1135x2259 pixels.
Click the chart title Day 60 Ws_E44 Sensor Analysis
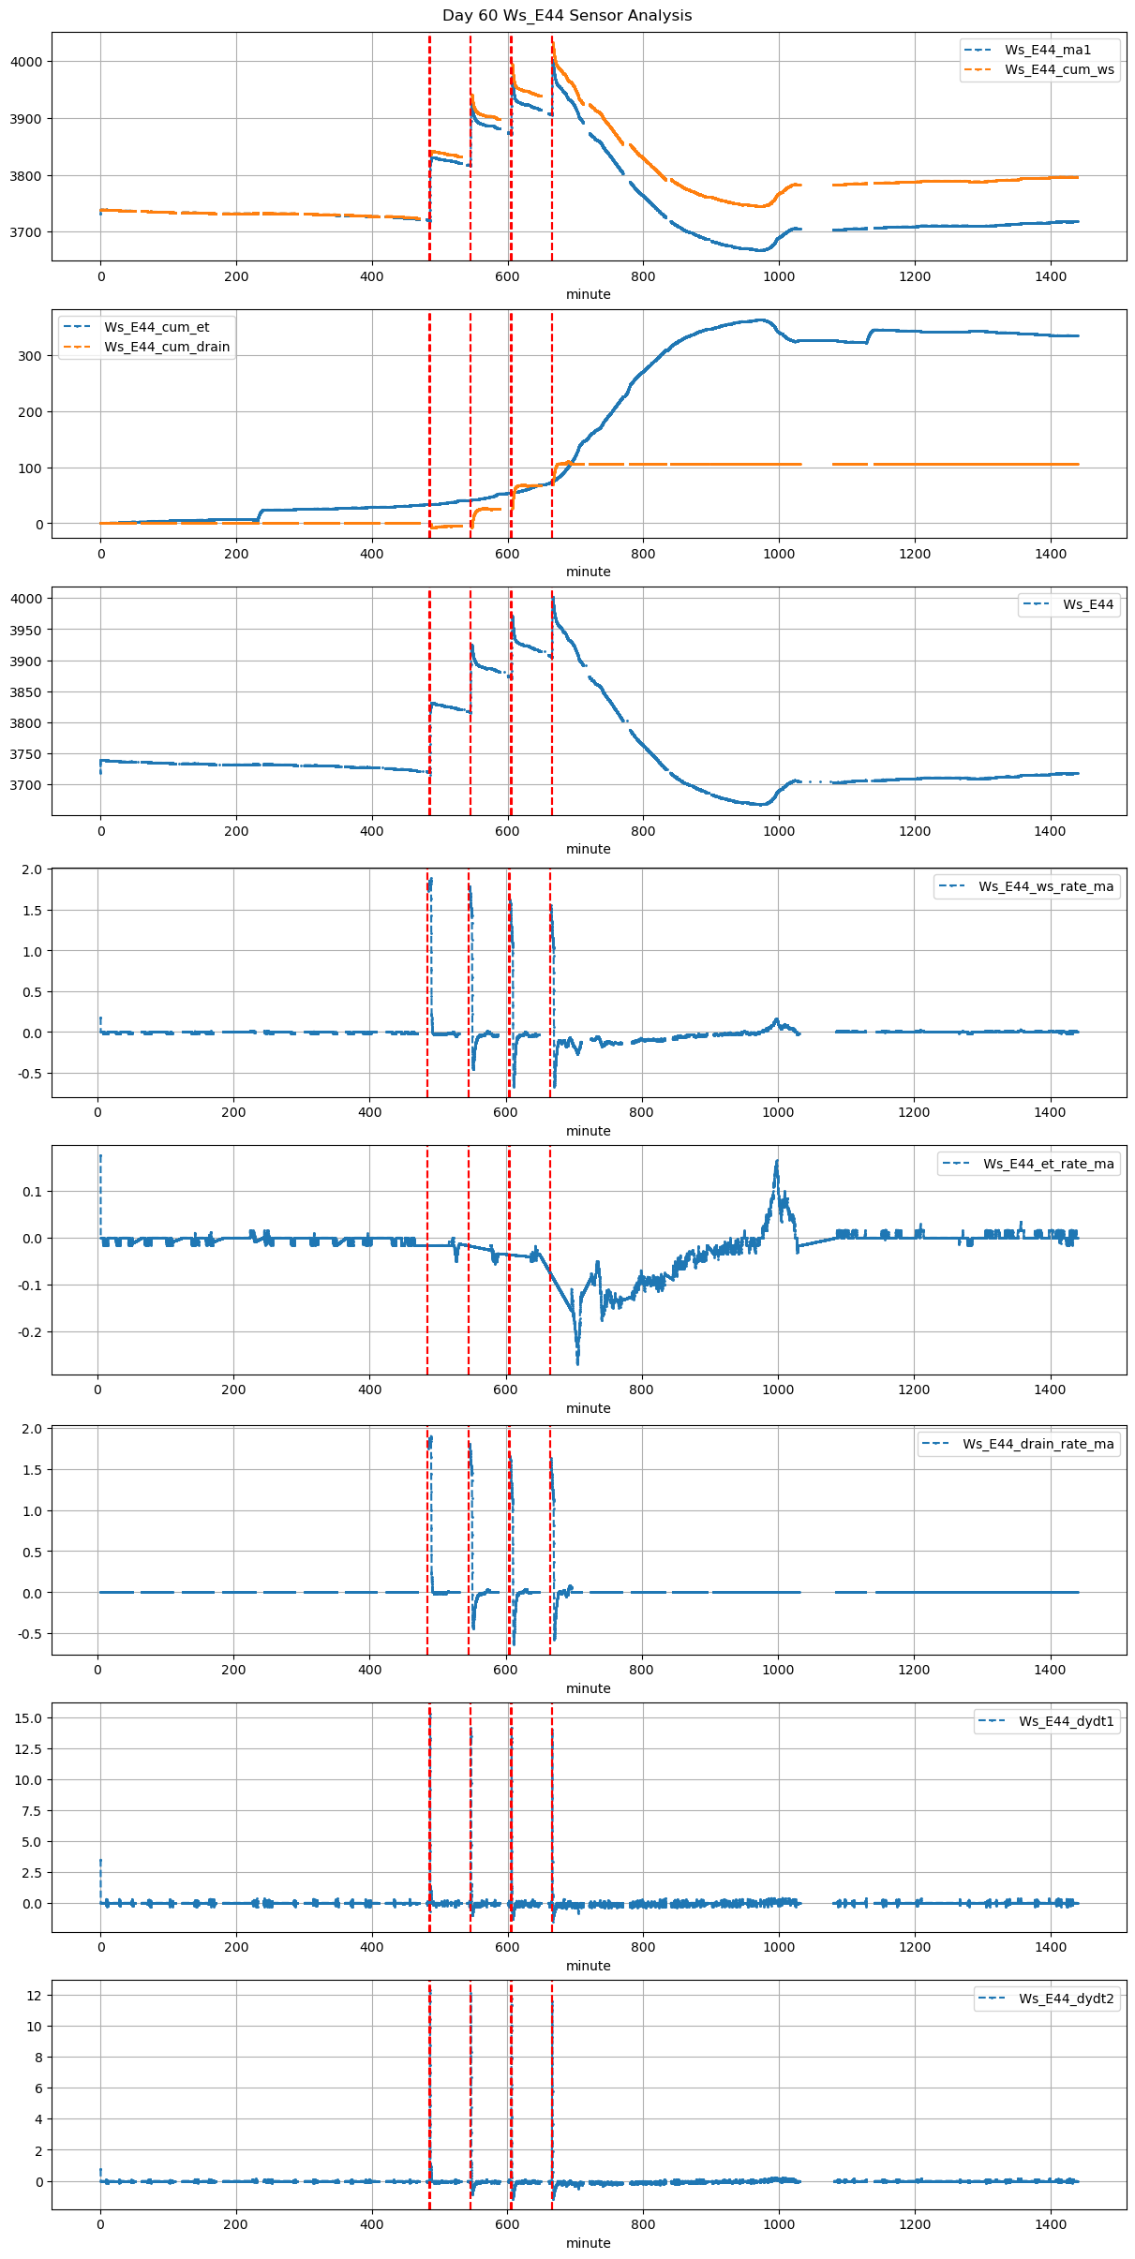pyautogui.click(x=567, y=16)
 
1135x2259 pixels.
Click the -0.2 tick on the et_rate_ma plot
pyautogui.click(x=29, y=1331)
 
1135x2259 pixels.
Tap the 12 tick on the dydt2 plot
pyautogui.click(x=35, y=1996)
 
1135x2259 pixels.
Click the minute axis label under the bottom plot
pyautogui.click(x=588, y=2243)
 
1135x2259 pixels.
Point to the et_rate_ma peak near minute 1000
pyautogui.click(x=776, y=1163)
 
